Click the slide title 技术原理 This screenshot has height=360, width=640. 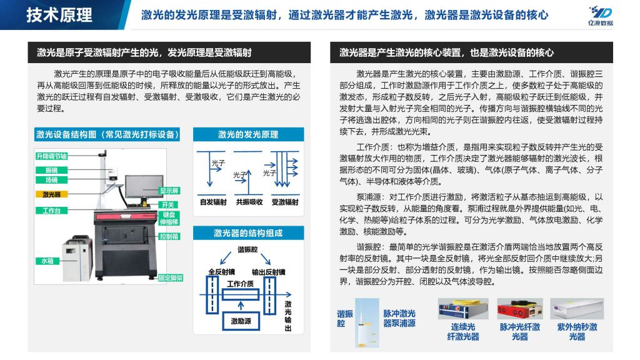point(59,15)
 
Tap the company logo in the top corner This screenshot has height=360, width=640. point(601,16)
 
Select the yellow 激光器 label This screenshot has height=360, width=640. point(51,194)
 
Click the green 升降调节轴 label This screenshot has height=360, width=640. point(51,156)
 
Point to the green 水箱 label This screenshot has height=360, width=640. point(47,261)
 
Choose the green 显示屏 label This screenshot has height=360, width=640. point(169,191)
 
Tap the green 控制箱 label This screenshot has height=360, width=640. point(169,236)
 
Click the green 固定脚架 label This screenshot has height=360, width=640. point(171,278)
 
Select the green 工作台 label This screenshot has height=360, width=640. point(51,211)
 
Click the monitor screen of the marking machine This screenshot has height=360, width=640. point(144,187)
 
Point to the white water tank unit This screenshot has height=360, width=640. point(77,258)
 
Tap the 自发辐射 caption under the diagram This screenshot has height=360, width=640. point(213,202)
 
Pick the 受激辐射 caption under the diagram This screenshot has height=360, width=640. point(285,202)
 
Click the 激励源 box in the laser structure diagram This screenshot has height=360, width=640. point(241,321)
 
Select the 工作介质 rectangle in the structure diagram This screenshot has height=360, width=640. point(241,294)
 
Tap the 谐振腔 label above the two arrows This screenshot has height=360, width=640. point(247,249)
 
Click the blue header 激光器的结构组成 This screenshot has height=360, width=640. point(248,233)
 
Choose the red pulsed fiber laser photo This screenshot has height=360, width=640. point(519,309)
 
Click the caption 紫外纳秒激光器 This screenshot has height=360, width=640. point(577,332)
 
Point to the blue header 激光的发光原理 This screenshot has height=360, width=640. point(248,134)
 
